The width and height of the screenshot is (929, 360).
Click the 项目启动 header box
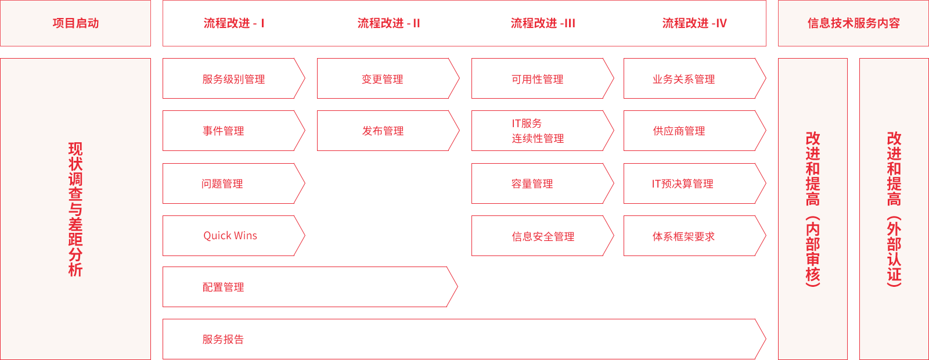coord(75,23)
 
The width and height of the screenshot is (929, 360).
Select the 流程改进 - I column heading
coord(234,23)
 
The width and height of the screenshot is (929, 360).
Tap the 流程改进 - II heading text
coord(388,23)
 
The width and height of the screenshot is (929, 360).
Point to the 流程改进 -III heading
coord(543,23)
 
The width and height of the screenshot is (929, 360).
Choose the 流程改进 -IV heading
coord(694,23)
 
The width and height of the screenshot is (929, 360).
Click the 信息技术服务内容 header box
coord(853,23)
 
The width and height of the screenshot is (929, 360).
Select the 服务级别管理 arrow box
coord(233,79)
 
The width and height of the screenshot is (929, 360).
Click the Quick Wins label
coord(230,236)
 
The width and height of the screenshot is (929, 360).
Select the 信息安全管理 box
coord(542,236)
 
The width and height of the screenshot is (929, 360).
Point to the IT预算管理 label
coord(682,183)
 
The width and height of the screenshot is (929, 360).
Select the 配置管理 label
coord(223,287)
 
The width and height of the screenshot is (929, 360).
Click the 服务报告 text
coord(223,340)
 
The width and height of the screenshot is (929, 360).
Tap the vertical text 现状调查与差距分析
coord(75,209)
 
